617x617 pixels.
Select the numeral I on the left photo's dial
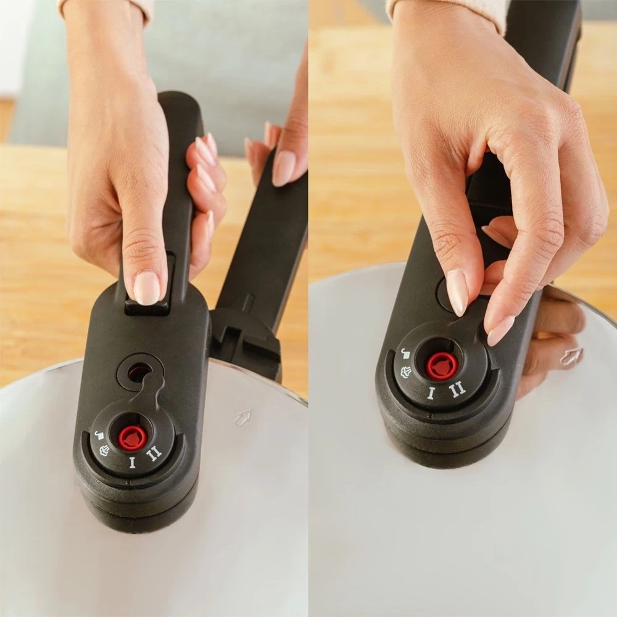click(x=132, y=463)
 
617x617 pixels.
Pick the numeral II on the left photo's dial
click(x=154, y=454)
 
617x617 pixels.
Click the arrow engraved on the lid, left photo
click(x=244, y=417)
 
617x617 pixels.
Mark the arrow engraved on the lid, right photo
click(x=571, y=357)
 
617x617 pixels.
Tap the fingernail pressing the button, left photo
click(x=147, y=288)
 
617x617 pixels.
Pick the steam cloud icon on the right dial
click(x=406, y=372)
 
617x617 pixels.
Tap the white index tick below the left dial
click(x=128, y=482)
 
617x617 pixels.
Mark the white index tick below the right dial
click(x=429, y=415)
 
